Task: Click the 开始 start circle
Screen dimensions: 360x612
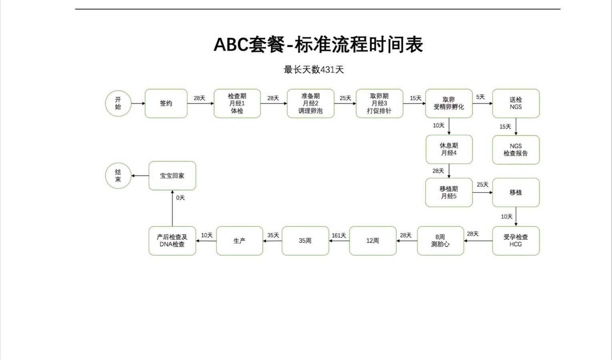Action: pyautogui.click(x=118, y=104)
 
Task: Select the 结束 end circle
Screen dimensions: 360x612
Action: pyautogui.click(x=118, y=176)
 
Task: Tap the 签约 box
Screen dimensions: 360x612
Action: pyautogui.click(x=166, y=104)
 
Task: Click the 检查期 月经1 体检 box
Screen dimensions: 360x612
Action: pyautogui.click(x=237, y=104)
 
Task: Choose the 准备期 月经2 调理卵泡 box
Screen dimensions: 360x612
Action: pyautogui.click(x=310, y=104)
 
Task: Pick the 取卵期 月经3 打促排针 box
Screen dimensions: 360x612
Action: pyautogui.click(x=379, y=104)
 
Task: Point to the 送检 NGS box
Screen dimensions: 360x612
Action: pyautogui.click(x=516, y=104)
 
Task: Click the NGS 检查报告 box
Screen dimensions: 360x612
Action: pyautogui.click(x=516, y=150)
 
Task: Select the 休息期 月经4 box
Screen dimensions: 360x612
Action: pyautogui.click(x=449, y=149)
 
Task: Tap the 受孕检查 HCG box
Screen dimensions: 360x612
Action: pyautogui.click(x=516, y=241)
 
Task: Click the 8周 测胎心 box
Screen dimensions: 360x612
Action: pyautogui.click(x=440, y=241)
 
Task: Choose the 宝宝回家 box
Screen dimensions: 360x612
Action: pyautogui.click(x=172, y=176)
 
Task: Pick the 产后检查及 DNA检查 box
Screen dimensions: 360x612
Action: pyautogui.click(x=172, y=241)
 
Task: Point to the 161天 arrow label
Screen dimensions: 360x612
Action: pyautogui.click(x=339, y=236)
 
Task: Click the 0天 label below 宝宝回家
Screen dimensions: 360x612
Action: pyautogui.click(x=180, y=198)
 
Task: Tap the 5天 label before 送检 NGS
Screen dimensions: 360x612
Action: pyautogui.click(x=480, y=97)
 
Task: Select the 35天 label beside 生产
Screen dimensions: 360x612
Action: pyautogui.click(x=273, y=236)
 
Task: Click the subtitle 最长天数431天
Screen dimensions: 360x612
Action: pyautogui.click(x=314, y=70)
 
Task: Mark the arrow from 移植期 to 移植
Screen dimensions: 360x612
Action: pyautogui.click(x=482, y=192)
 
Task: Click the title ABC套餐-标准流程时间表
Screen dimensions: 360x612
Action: pyautogui.click(x=318, y=44)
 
